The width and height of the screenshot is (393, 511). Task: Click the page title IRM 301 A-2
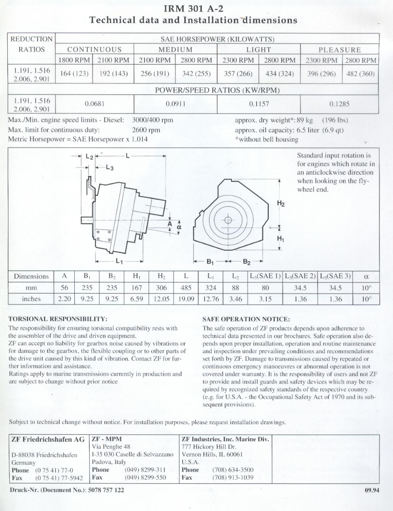point(193,8)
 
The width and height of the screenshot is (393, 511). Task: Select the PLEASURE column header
point(339,50)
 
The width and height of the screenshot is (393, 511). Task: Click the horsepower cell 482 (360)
point(360,74)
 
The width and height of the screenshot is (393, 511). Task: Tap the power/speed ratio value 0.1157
point(259,104)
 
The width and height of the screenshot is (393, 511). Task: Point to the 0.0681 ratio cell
point(95,104)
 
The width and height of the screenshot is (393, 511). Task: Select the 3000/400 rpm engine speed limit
point(153,120)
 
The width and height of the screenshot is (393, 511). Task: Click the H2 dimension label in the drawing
point(281,203)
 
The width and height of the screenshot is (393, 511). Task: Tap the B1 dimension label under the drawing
point(210,262)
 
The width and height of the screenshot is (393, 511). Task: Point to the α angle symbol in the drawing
point(179,228)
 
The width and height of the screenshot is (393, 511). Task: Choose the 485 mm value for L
point(186,288)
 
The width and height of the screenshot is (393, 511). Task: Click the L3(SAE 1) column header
point(265,276)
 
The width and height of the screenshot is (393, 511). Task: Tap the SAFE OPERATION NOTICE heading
point(246,319)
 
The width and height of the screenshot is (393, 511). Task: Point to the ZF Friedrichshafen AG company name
point(48,439)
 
